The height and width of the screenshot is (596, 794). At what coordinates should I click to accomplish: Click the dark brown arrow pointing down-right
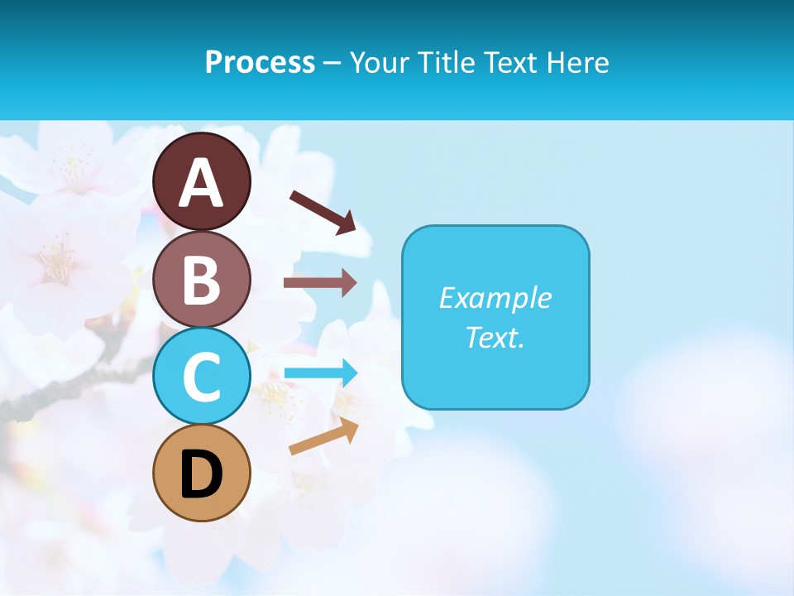coord(323,212)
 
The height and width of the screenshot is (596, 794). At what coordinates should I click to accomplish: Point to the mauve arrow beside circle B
coord(319,283)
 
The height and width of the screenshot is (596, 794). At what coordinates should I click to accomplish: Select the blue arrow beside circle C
coord(320,373)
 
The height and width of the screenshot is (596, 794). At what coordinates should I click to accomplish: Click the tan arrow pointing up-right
coord(323,436)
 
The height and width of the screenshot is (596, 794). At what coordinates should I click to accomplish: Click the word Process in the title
coord(260,63)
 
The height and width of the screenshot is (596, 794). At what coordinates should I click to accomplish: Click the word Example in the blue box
coord(495,298)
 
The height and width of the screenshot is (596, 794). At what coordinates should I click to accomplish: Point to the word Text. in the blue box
coord(495,338)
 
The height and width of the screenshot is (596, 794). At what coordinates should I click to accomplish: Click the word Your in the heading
coord(376,63)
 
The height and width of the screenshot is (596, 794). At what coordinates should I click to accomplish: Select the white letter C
coord(202,377)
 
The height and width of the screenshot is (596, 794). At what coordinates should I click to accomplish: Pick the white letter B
coord(202,280)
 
